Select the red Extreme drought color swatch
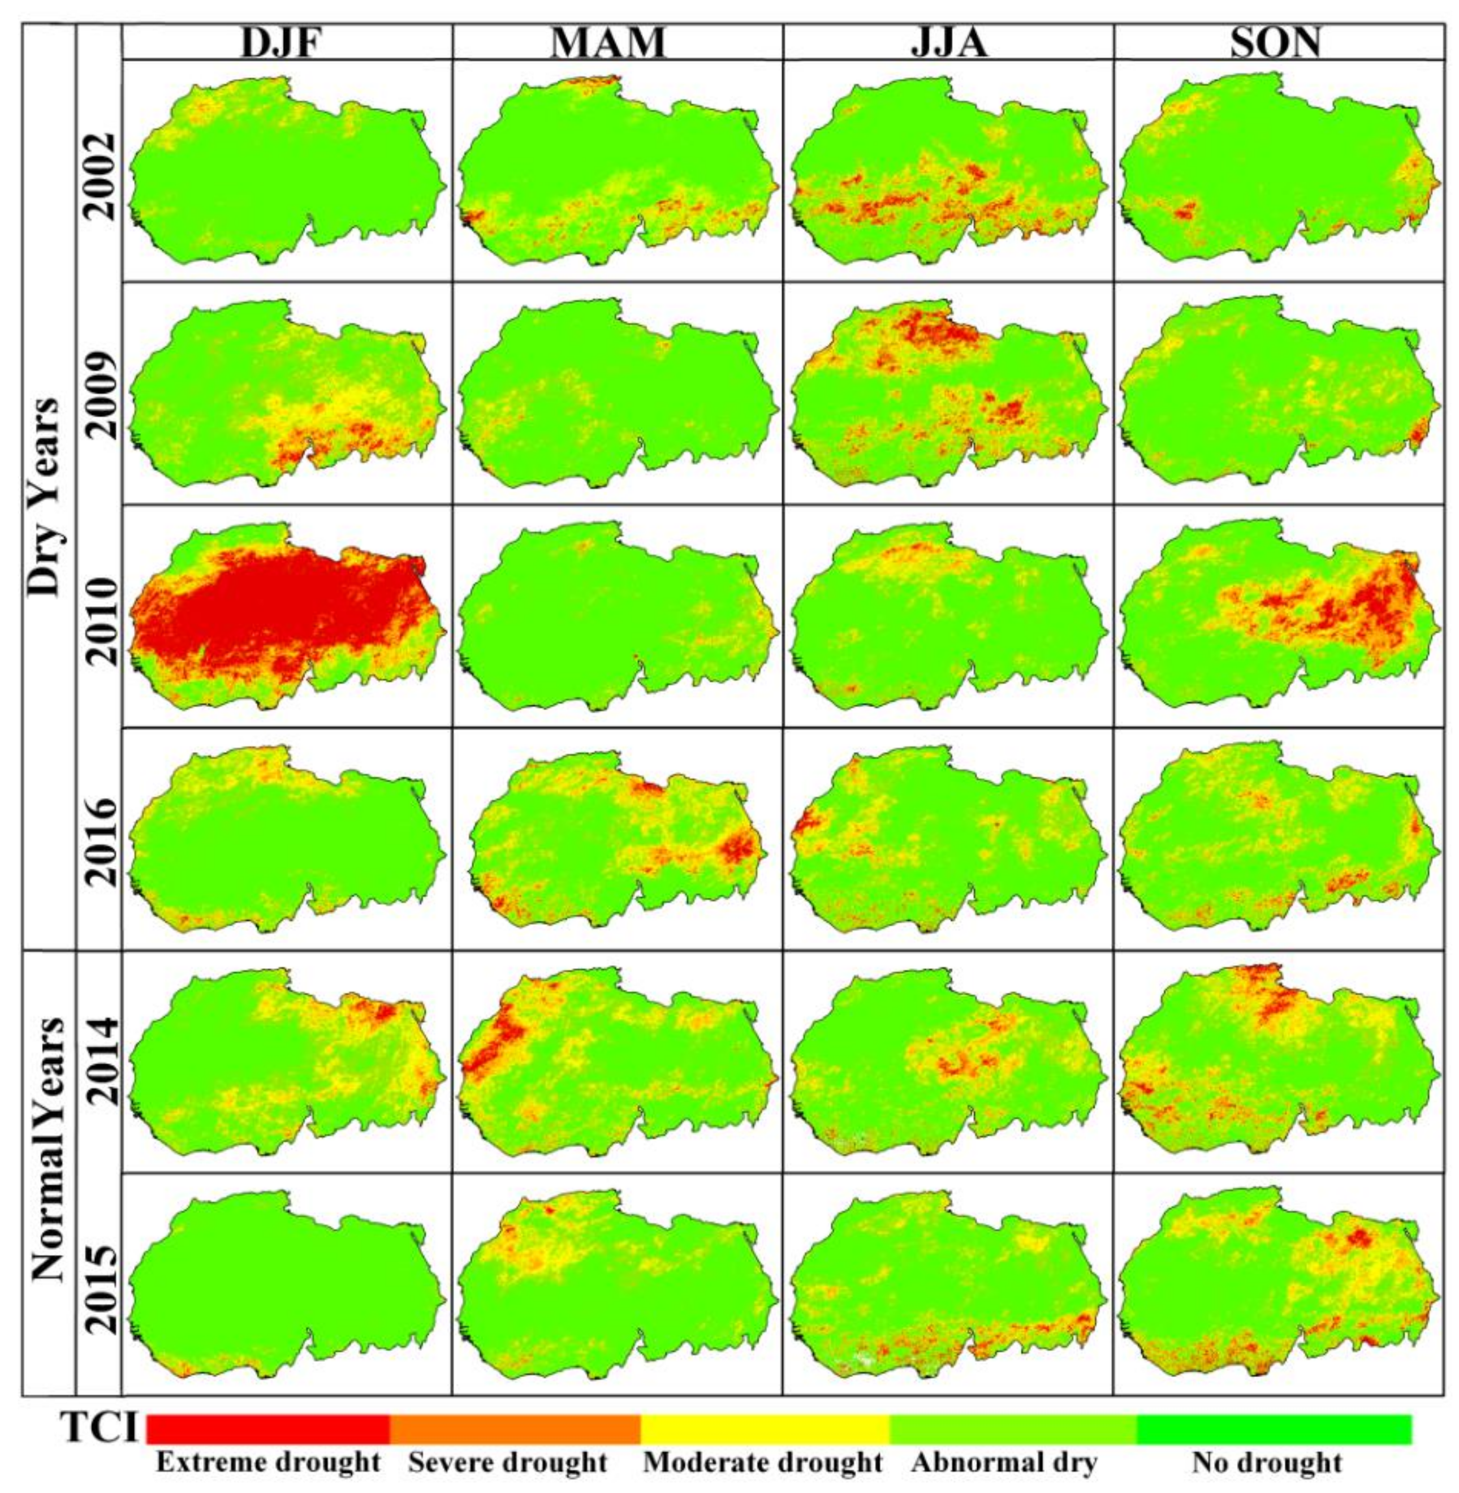point(268,1430)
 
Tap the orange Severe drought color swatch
point(515,1430)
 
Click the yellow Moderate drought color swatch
point(764,1430)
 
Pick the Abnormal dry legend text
point(1003,1462)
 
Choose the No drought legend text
point(1267,1462)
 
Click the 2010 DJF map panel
point(287,616)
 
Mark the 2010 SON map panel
point(1276,616)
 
